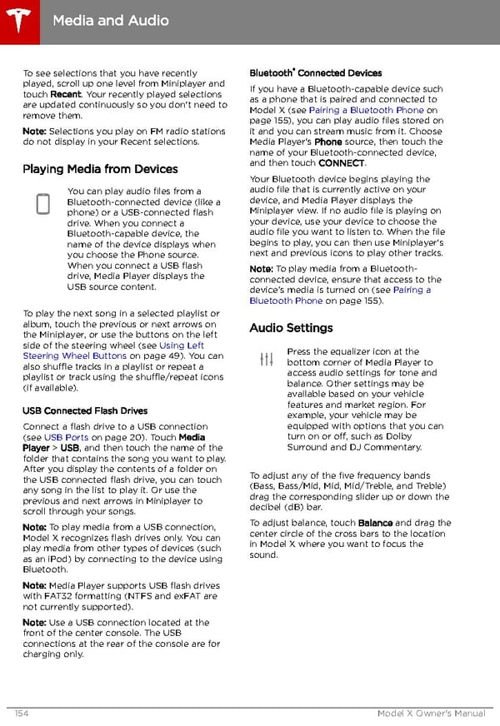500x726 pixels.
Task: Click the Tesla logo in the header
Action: pyautogui.click(x=18, y=18)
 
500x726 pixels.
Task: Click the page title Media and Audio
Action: pyautogui.click(x=110, y=20)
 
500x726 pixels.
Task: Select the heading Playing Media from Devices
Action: pyautogui.click(x=100, y=169)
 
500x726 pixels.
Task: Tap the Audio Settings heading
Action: pyautogui.click(x=291, y=328)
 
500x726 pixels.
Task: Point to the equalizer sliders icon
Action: pyautogui.click(x=267, y=360)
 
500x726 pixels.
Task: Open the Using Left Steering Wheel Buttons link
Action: pyautogui.click(x=112, y=351)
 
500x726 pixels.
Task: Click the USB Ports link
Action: pyautogui.click(x=67, y=437)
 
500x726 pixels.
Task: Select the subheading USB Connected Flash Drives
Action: pyautogui.click(x=85, y=410)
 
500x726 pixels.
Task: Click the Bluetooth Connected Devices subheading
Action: pyautogui.click(x=315, y=73)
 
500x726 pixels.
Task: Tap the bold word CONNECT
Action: pyautogui.click(x=342, y=163)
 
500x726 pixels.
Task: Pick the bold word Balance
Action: pyautogui.click(x=375, y=523)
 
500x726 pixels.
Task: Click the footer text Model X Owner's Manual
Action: pyautogui.click(x=431, y=714)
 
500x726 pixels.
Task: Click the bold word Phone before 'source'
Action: pyautogui.click(x=327, y=142)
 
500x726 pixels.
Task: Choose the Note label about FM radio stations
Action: pyautogui.click(x=34, y=132)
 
